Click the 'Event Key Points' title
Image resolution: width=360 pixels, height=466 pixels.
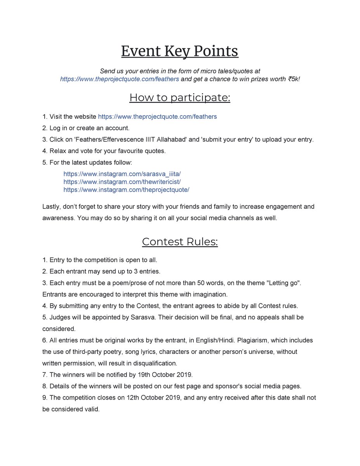pyautogui.click(x=180, y=51)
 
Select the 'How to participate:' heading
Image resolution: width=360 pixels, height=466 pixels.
pyautogui.click(x=180, y=97)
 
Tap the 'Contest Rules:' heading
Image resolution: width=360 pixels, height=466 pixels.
pyautogui.click(x=180, y=242)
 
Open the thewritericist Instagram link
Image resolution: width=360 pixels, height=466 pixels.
pyautogui.click(x=122, y=182)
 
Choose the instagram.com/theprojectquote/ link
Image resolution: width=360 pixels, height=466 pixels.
pyautogui.click(x=126, y=190)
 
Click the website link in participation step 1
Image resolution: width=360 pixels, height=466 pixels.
pyautogui.click(x=157, y=116)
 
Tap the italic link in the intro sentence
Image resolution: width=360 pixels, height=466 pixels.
pyautogui.click(x=120, y=79)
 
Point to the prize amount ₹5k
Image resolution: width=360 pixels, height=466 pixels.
pyautogui.click(x=294, y=79)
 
